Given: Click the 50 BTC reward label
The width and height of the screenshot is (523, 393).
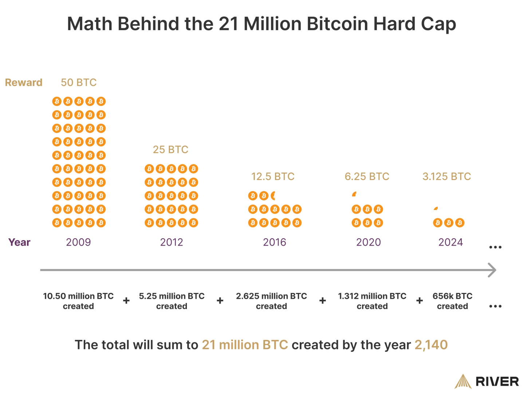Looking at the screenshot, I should coord(79,83).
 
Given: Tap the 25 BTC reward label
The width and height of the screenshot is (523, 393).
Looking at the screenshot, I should coord(170,150).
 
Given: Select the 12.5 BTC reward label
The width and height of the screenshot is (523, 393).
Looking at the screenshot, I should coord(273,176).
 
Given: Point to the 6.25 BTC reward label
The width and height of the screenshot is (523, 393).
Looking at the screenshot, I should coord(367,176).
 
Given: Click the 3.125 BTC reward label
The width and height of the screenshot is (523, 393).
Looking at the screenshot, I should coord(447,176).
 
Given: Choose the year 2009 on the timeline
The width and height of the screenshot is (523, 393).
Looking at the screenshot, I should coord(78,242).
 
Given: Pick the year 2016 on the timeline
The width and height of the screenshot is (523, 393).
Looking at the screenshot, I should coord(275,242).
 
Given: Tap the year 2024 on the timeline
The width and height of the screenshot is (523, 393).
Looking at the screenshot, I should coord(451,242).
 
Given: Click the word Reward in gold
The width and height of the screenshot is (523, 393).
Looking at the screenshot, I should coord(24,83).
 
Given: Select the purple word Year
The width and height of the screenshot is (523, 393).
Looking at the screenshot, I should coord(19,242).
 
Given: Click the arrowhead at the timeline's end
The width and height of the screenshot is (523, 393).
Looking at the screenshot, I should coord(492,270).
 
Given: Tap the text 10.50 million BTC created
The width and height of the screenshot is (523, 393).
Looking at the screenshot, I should coord(78,301).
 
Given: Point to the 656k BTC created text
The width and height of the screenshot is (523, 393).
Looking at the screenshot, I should coord(452,301).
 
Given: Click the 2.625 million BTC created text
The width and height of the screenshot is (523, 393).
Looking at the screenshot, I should coord(271,301).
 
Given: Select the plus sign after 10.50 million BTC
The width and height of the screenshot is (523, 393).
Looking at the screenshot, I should coord(126,301).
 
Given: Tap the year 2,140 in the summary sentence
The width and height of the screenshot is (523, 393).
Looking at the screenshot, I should coord(431,345).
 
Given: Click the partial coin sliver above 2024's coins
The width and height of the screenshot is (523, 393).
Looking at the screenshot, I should coord(436,209).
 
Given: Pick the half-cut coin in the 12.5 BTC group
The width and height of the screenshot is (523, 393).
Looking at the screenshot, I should coord(273,196).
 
